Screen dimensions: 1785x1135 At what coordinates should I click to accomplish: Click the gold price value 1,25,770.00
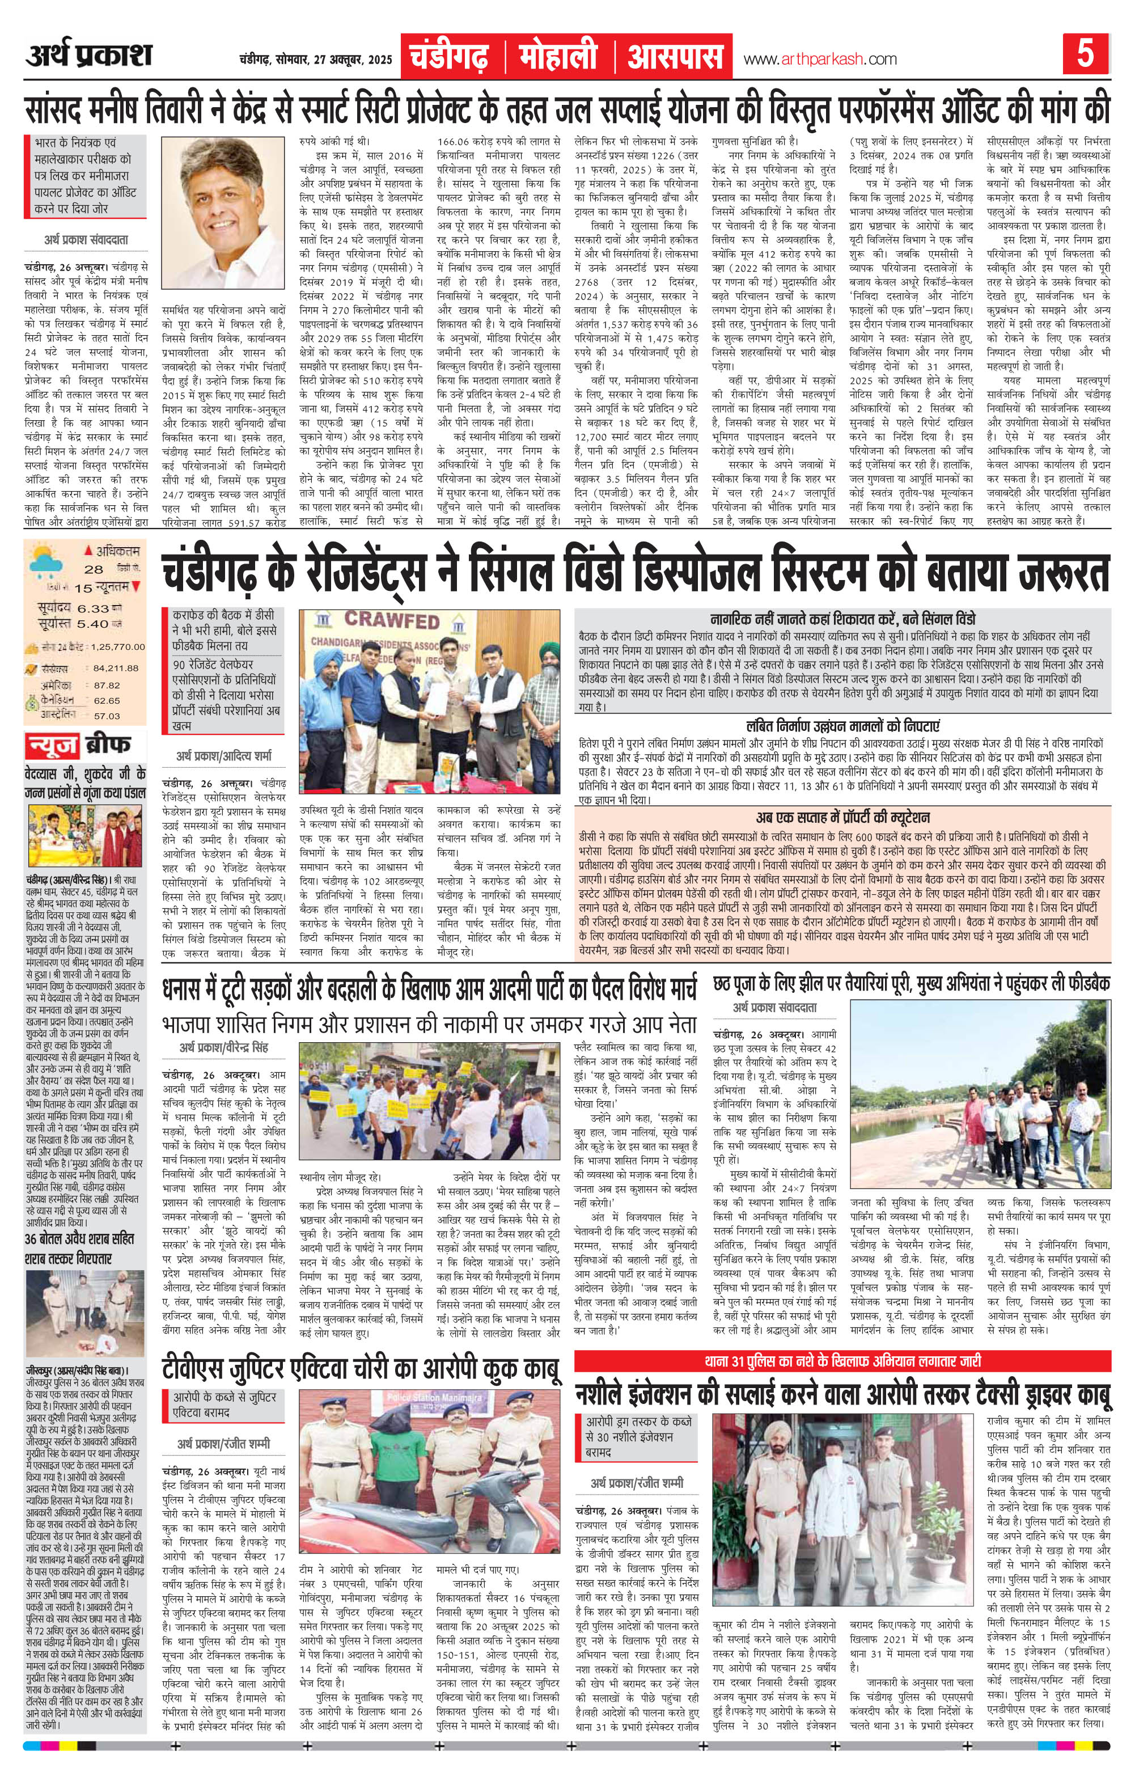click(118, 646)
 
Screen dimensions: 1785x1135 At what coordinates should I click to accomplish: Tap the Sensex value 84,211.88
click(116, 668)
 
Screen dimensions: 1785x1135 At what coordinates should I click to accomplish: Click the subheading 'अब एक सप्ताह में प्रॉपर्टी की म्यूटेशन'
click(843, 818)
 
